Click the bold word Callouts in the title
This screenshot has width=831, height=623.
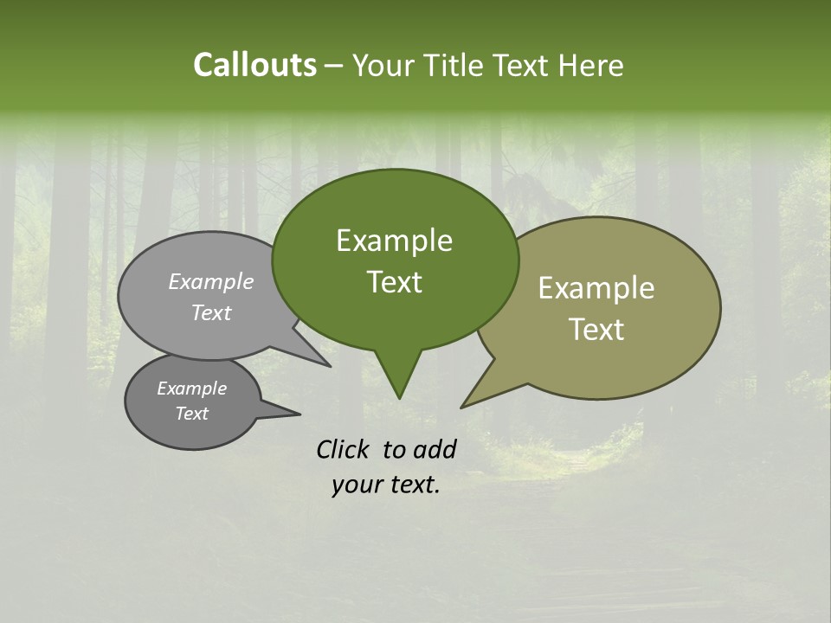(x=254, y=65)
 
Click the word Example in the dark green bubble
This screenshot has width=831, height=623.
(x=394, y=241)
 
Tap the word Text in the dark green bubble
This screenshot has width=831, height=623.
(x=394, y=282)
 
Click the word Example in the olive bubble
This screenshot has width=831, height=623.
(x=596, y=288)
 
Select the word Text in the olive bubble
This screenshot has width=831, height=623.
(x=596, y=330)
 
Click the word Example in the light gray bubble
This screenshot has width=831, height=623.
(x=211, y=281)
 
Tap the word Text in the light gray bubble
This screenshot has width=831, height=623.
(x=211, y=312)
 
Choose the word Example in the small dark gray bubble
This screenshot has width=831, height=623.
(x=192, y=389)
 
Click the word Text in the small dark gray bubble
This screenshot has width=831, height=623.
(x=192, y=414)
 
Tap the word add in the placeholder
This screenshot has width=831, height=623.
(x=434, y=449)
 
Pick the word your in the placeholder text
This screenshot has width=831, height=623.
(x=357, y=485)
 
